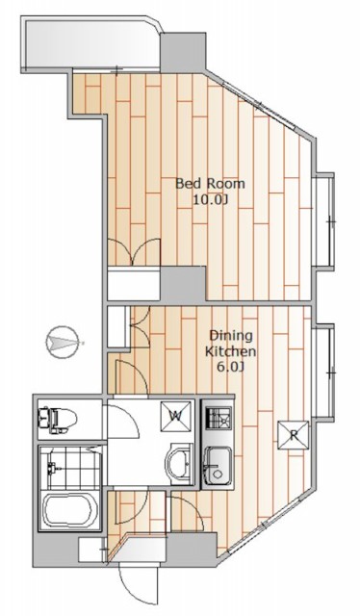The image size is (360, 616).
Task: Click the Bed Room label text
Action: (x=210, y=184)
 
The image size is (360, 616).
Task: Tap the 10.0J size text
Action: (x=210, y=200)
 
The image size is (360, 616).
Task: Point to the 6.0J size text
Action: (x=231, y=367)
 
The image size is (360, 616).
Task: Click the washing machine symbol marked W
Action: (x=176, y=416)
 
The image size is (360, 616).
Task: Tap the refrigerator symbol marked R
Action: (x=294, y=435)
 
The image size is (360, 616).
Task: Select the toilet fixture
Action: (x=57, y=420)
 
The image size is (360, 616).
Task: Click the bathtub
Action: (x=69, y=510)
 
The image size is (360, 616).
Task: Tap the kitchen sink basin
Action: (x=219, y=466)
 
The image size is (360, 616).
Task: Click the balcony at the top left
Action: (x=90, y=43)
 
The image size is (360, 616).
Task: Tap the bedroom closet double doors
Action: (x=134, y=252)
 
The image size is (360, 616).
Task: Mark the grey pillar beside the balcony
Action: (x=183, y=53)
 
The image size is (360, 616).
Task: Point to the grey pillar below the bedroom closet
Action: (x=183, y=284)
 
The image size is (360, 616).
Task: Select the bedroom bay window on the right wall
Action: (x=323, y=220)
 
